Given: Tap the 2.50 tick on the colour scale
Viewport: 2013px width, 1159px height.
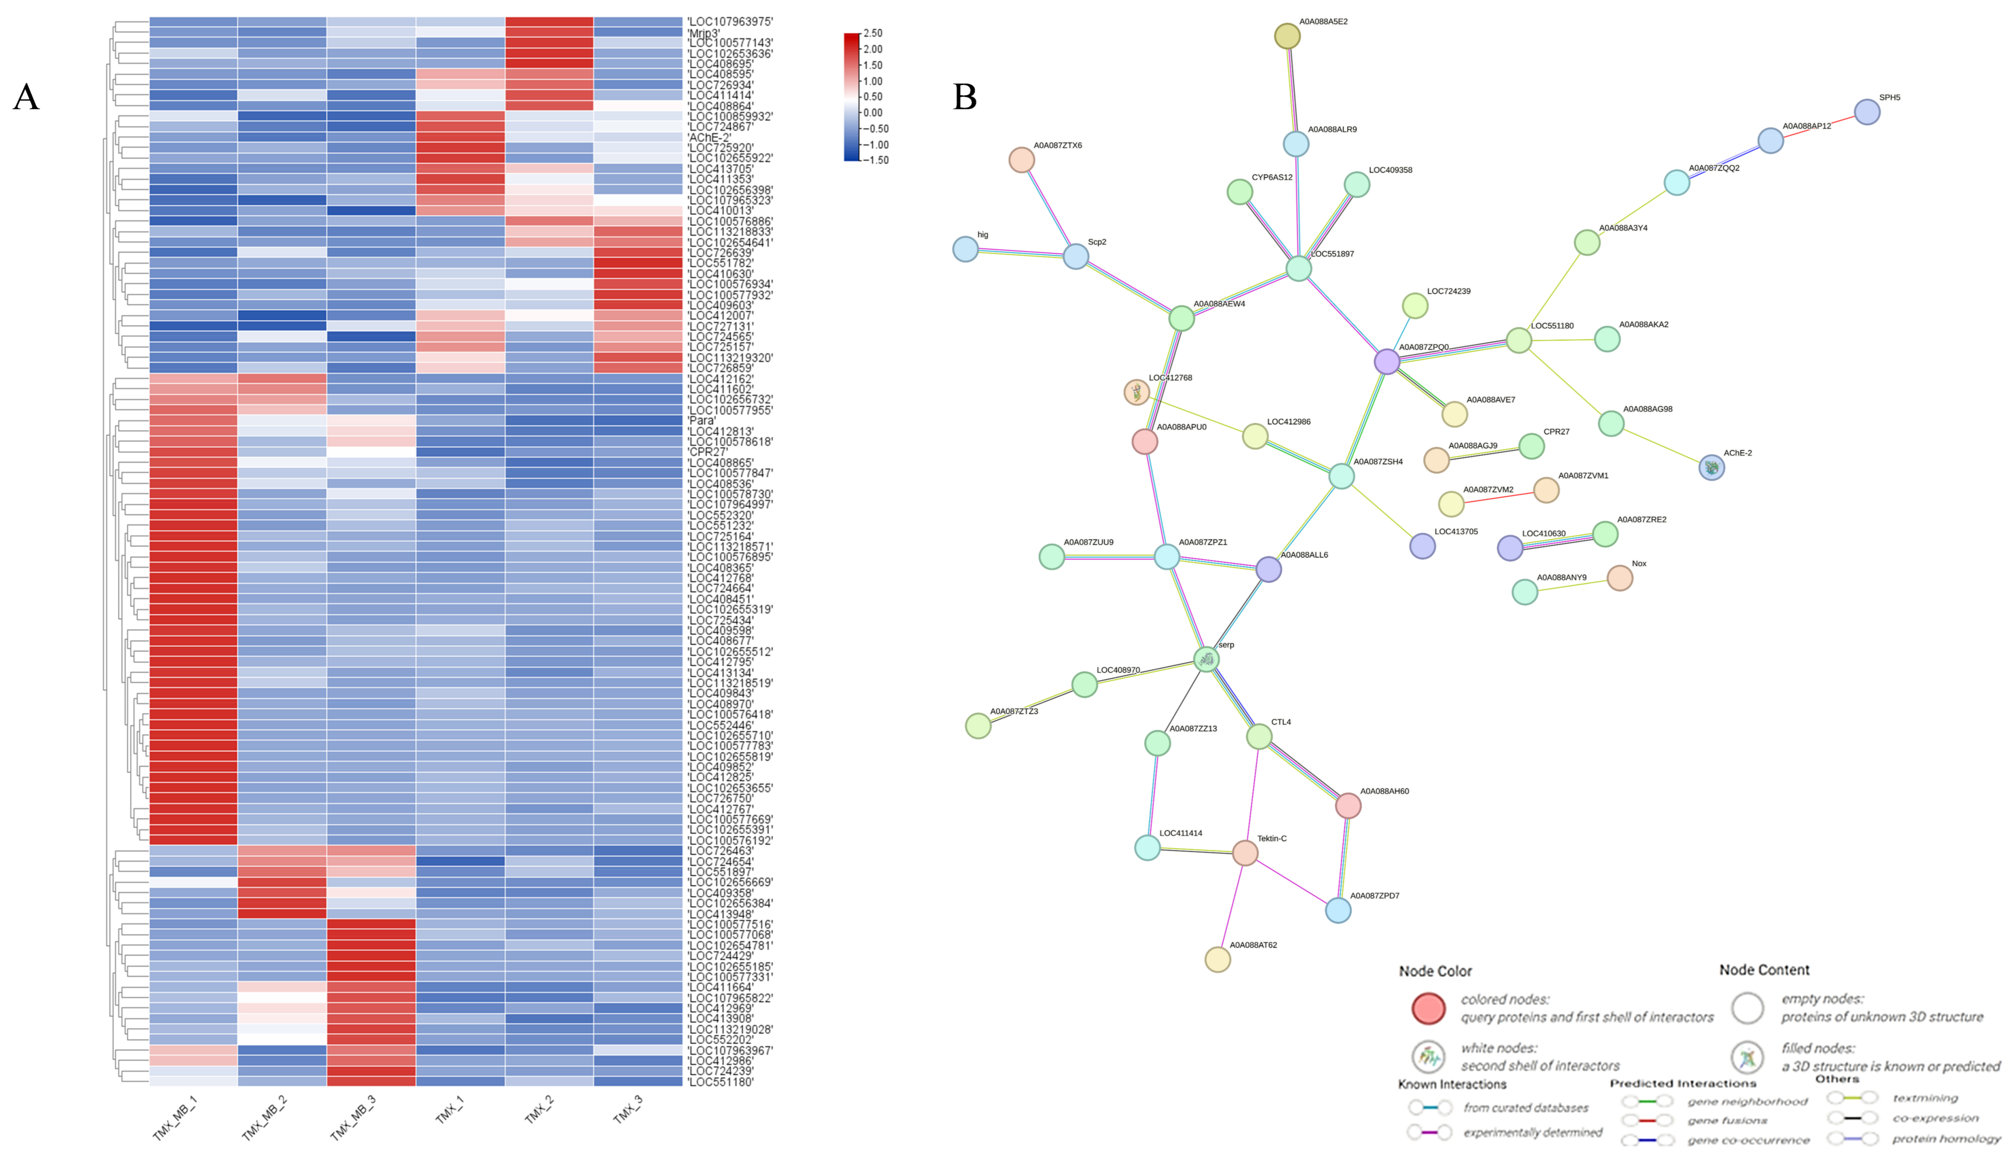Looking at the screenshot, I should (x=873, y=34).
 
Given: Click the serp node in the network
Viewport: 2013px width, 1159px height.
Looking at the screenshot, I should (x=1206, y=659).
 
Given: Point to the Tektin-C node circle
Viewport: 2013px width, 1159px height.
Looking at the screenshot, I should (x=1244, y=852).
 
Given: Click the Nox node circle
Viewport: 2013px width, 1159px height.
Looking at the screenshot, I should (x=1620, y=578).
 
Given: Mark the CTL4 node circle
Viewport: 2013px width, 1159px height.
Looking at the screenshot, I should (x=1259, y=736).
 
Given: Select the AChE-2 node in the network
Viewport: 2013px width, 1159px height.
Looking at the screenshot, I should (x=1711, y=467).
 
